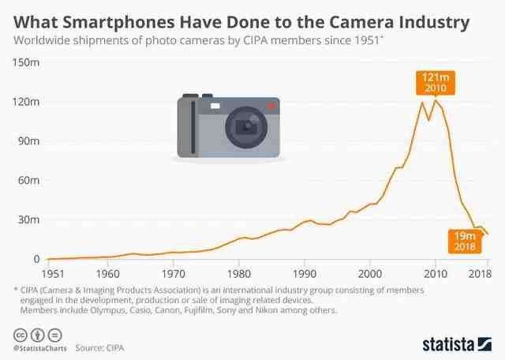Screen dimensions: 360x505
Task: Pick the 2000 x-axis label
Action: pyautogui.click(x=370, y=273)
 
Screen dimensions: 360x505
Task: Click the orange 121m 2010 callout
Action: pyautogui.click(x=435, y=83)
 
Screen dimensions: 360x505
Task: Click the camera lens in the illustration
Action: pyautogui.click(x=248, y=126)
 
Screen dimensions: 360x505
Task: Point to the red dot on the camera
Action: pyautogui.click(x=270, y=106)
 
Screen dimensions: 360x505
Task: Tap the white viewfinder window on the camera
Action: pyautogui.click(x=215, y=104)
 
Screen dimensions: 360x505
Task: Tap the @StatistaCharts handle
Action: pyautogui.click(x=38, y=347)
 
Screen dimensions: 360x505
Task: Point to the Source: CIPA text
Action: pyautogui.click(x=99, y=347)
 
